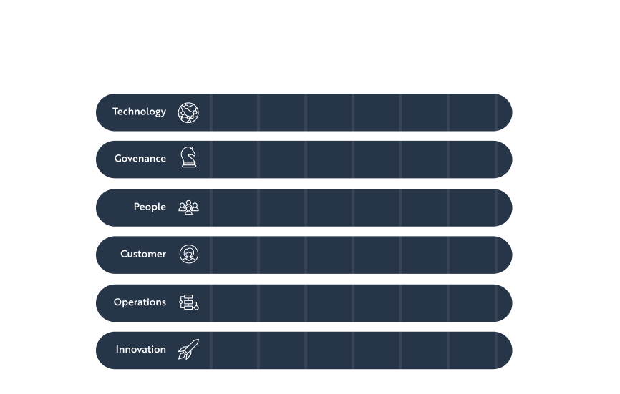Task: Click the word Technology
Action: point(139,112)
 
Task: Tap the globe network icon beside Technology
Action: point(188,112)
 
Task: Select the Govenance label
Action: point(140,159)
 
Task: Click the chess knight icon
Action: point(188,157)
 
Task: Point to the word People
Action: point(150,207)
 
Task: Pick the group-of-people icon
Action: point(188,207)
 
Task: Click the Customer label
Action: point(143,254)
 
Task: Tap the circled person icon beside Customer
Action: point(189,255)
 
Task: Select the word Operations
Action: point(140,302)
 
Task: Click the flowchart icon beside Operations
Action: point(188,302)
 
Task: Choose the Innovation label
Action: point(141,350)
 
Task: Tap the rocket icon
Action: point(188,350)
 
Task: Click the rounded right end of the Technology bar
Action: point(505,112)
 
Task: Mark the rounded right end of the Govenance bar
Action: point(505,159)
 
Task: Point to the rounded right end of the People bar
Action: point(505,207)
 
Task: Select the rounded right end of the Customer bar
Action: point(505,255)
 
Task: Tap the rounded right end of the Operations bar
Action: point(505,303)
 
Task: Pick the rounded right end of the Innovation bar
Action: point(505,350)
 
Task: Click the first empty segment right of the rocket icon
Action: point(235,350)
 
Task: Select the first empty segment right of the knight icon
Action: point(235,159)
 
